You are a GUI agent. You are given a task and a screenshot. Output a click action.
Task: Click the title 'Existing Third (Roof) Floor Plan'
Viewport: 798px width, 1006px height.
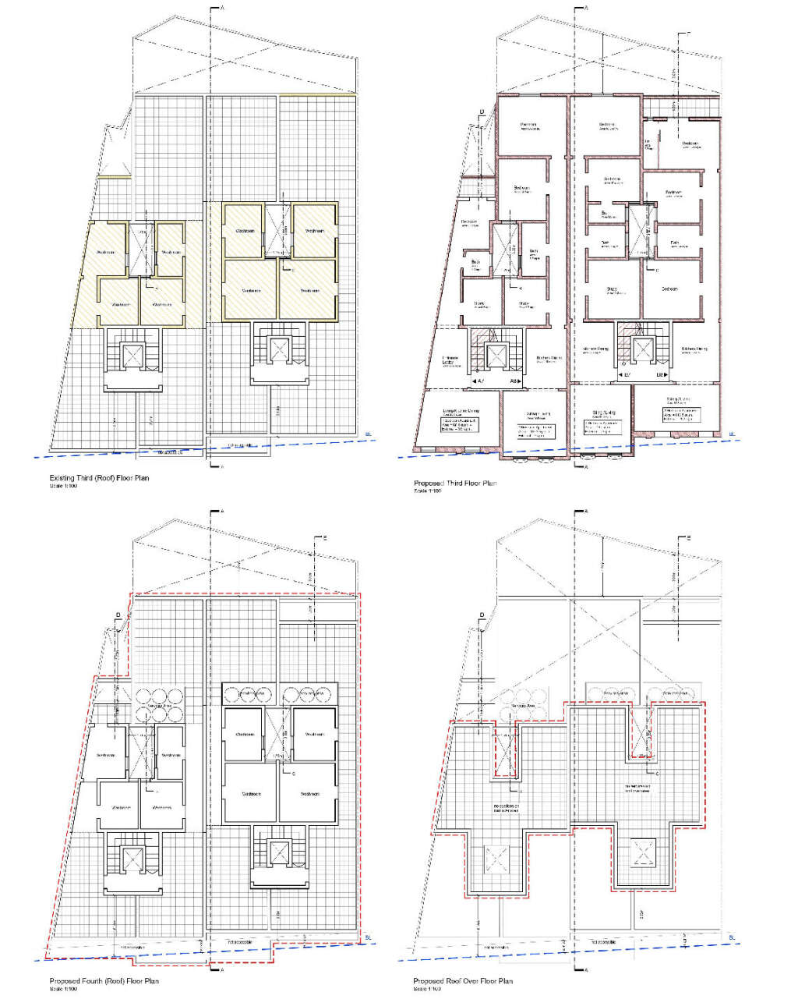pyautogui.click(x=99, y=478)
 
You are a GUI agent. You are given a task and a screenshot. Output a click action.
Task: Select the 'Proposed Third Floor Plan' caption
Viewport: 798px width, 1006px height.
pyautogui.click(x=454, y=484)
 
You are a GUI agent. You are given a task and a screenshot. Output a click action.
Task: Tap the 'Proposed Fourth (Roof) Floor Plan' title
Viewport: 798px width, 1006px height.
pyautogui.click(x=104, y=981)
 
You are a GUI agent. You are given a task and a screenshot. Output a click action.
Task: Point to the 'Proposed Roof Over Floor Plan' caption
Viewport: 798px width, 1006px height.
pyautogui.click(x=463, y=981)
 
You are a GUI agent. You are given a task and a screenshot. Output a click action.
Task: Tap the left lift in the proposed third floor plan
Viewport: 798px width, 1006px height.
pyautogui.click(x=496, y=356)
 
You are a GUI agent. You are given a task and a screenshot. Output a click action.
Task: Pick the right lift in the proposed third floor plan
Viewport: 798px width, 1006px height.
pyautogui.click(x=643, y=350)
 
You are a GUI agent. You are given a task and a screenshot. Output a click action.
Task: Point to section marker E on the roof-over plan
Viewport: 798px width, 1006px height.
pyautogui.click(x=689, y=538)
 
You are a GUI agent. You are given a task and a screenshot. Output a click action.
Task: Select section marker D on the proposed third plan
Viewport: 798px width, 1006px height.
pyautogui.click(x=482, y=112)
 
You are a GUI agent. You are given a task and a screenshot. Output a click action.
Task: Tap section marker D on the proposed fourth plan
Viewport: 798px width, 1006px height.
pyautogui.click(x=118, y=616)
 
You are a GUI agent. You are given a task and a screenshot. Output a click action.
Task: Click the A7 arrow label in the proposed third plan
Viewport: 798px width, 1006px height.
pyautogui.click(x=480, y=381)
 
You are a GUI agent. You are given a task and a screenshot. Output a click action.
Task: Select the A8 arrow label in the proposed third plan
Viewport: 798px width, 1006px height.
pyautogui.click(x=514, y=381)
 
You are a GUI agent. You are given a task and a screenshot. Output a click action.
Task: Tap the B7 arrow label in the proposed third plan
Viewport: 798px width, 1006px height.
pyautogui.click(x=627, y=375)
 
